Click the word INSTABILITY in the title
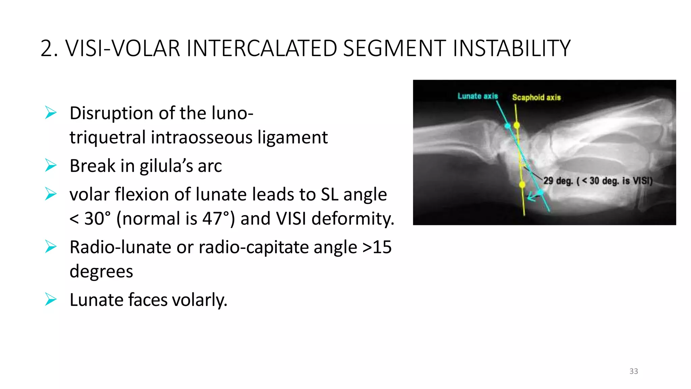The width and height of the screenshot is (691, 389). [x=511, y=48]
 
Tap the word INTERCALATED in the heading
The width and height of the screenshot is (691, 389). [x=261, y=48]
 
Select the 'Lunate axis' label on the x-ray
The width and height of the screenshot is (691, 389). [x=477, y=96]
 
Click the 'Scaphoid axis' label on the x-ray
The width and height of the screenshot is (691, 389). [x=536, y=98]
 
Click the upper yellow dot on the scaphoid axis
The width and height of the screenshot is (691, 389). [x=517, y=125]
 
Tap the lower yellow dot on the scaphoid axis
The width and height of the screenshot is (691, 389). [x=522, y=184]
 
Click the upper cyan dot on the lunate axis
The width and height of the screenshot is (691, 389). [x=507, y=126]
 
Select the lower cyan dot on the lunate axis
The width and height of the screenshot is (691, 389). [x=541, y=192]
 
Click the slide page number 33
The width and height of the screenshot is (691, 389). [x=633, y=371]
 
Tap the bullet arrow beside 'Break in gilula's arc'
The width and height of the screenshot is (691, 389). [x=51, y=165]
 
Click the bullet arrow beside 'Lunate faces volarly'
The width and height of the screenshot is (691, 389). [x=51, y=300]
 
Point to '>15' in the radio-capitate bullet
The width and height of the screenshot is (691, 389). [x=377, y=247]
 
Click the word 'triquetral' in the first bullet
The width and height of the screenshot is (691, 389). [x=108, y=137]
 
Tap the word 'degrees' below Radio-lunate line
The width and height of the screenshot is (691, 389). [x=101, y=271]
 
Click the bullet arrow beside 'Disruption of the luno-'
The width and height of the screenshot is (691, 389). [x=51, y=112]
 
